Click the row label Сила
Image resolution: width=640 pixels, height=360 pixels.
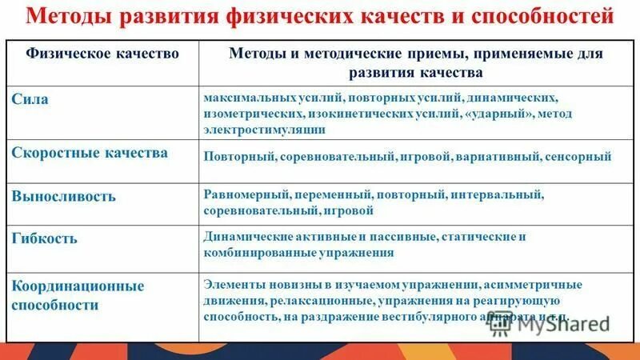(x=30, y=99)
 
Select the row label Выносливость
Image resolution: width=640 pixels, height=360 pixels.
(x=63, y=195)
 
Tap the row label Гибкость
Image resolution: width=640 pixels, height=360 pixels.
(x=45, y=238)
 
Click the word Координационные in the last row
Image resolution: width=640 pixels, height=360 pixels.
(x=78, y=286)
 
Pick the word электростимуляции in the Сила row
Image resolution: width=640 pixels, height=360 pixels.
(x=265, y=130)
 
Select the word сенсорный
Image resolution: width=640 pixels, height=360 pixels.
(x=579, y=157)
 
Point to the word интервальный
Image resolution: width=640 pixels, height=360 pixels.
(x=498, y=194)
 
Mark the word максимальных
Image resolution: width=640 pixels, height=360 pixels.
(x=241, y=96)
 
